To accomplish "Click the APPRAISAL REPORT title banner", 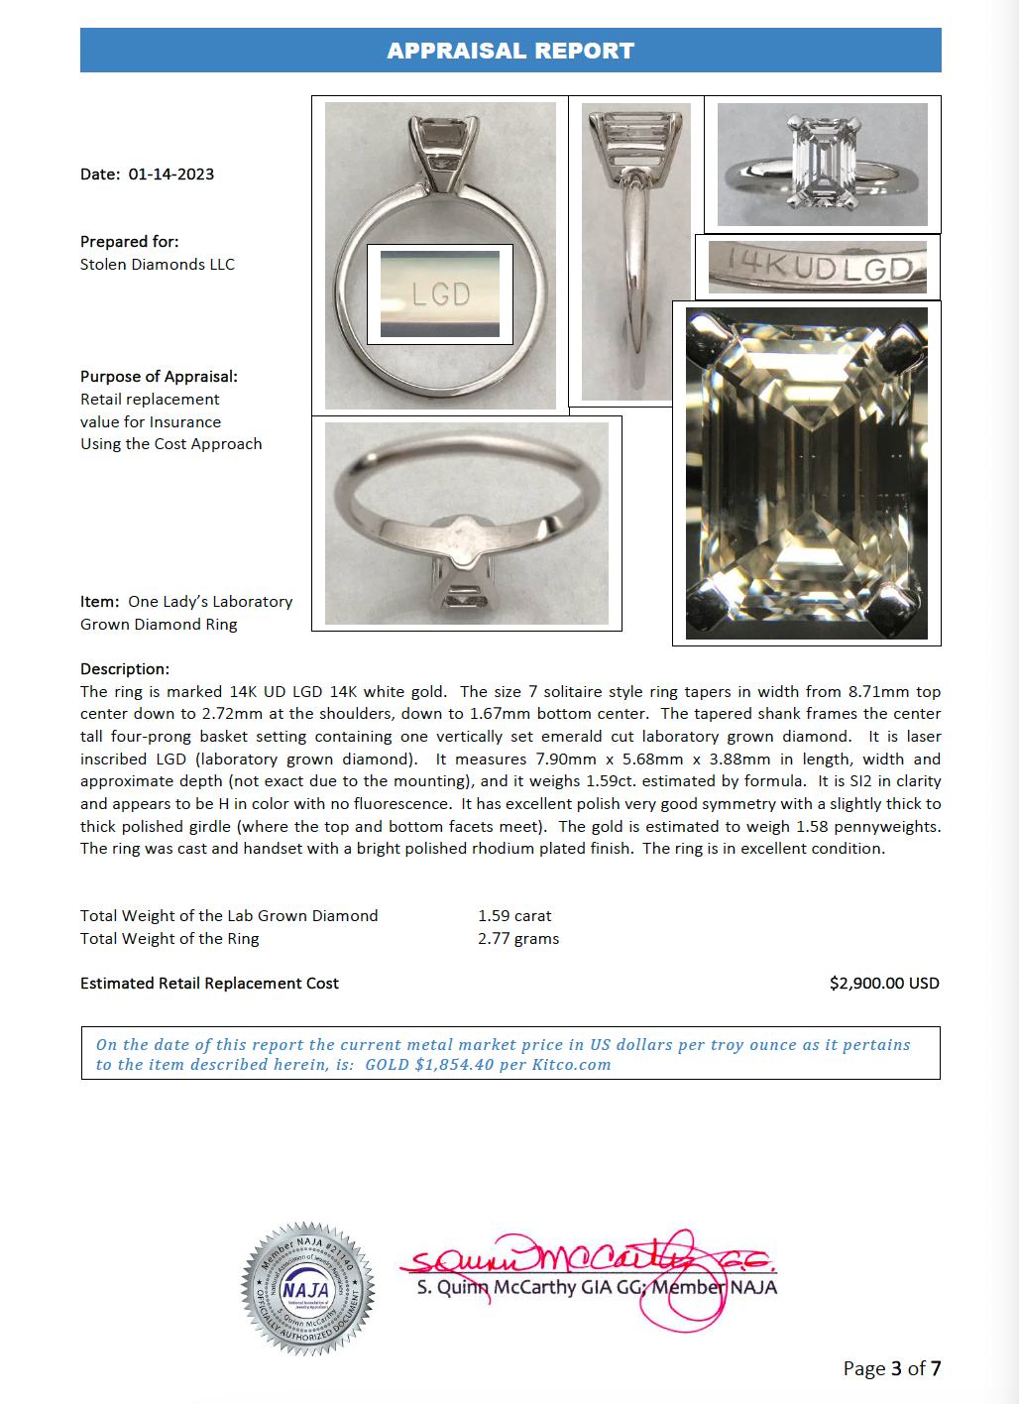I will tap(509, 51).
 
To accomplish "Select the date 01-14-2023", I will tap(170, 175).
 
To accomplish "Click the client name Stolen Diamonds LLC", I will tap(158, 265).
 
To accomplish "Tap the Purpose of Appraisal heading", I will tap(159, 377).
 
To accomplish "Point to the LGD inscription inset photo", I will tap(440, 294).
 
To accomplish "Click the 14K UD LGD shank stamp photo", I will tap(817, 267).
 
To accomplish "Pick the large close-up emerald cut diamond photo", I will tap(806, 473).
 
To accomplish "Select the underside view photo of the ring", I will tap(466, 524).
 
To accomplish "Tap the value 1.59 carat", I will tap(514, 916).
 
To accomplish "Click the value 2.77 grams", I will tap(518, 939).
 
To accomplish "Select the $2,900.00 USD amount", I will tap(883, 984).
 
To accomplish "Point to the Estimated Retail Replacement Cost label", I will tap(209, 984).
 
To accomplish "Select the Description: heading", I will tap(125, 669).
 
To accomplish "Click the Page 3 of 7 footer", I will tap(891, 1368).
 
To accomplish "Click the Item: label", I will tap(100, 602).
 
